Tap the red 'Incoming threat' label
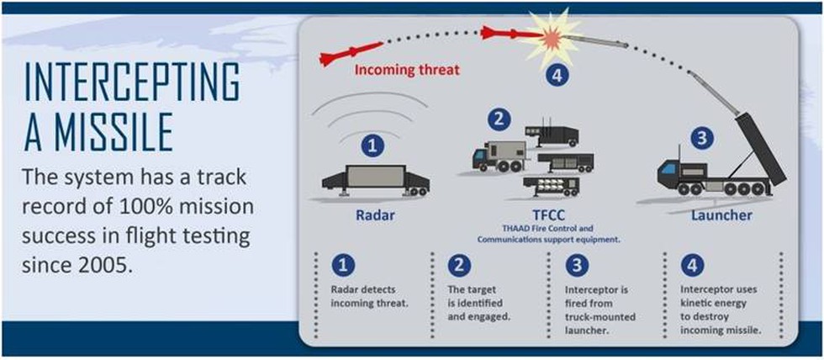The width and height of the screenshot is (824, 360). [x=407, y=69]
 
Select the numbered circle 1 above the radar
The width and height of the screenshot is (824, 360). [x=372, y=147]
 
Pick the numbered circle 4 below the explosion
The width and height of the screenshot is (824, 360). [x=556, y=76]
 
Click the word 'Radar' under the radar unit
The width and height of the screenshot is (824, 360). [x=372, y=215]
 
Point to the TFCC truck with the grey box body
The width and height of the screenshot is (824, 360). [x=499, y=156]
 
